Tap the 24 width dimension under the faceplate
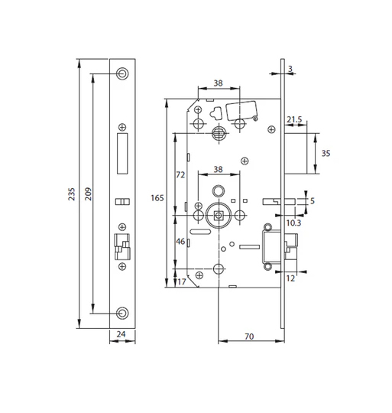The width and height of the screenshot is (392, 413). coord(122,333)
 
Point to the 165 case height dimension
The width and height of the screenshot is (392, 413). coord(157,197)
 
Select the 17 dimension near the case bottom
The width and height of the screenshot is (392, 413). coord(182,282)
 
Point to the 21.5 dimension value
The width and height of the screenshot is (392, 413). coord(295,120)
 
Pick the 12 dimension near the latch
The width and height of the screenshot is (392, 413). coord(291,278)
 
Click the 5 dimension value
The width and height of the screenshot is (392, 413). coord(313,202)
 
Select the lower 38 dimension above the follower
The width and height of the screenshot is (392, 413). coord(217,170)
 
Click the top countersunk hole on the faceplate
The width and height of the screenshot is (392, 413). coord(123,73)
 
